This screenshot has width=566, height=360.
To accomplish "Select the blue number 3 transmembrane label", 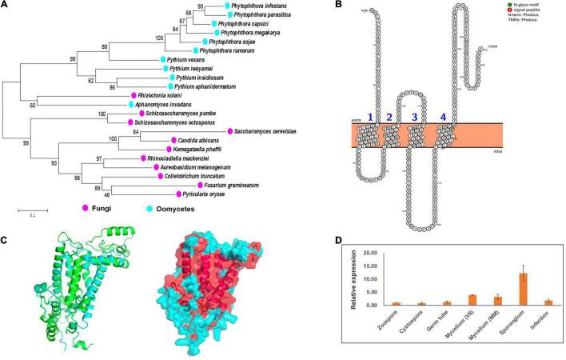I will point(414,117).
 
